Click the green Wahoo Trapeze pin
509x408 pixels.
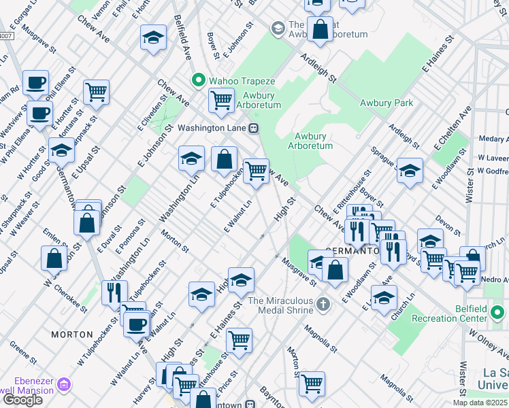pyautogui.click(x=199, y=80)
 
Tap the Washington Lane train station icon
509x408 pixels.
pyautogui.click(x=253, y=128)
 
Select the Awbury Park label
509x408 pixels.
pyautogui.click(x=386, y=103)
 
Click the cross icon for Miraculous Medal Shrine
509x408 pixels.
pyautogui.click(x=323, y=303)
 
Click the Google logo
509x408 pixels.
pyautogui.click(x=22, y=399)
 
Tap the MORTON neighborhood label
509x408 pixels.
pyautogui.click(x=71, y=335)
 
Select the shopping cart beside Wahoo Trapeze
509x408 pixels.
pyautogui.click(x=221, y=101)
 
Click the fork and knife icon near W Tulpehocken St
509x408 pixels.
pyautogui.click(x=114, y=292)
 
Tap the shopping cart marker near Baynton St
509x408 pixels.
pyautogui.click(x=312, y=383)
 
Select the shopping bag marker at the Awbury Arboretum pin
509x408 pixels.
pyautogui.click(x=319, y=29)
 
